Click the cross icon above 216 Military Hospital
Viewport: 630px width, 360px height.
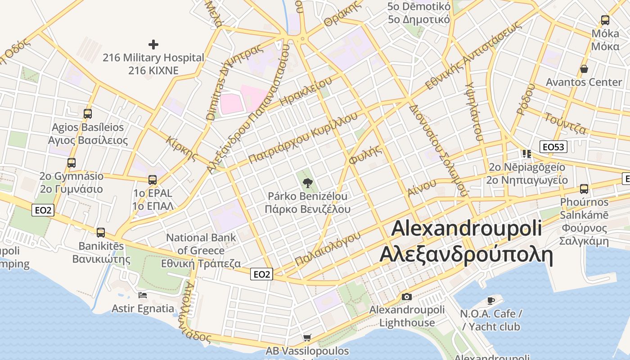[153, 45]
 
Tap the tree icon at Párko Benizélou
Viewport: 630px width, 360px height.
[308, 183]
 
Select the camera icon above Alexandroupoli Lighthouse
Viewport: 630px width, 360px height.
[406, 297]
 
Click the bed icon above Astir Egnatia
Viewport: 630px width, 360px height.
[143, 295]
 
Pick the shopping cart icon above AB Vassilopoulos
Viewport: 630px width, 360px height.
[307, 337]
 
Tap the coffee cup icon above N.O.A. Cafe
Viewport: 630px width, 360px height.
[491, 300]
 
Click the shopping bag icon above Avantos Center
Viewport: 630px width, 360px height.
[584, 69]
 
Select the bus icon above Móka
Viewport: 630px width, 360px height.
[605, 20]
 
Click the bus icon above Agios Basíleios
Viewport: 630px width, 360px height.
[88, 114]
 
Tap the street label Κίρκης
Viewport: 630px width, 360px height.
[182, 148]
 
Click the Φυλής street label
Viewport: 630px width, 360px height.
[365, 154]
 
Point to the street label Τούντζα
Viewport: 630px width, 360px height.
[565, 124]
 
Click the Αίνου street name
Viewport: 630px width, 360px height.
[422, 187]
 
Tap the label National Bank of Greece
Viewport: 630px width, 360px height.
[201, 250]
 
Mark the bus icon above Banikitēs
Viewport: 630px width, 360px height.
[101, 233]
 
